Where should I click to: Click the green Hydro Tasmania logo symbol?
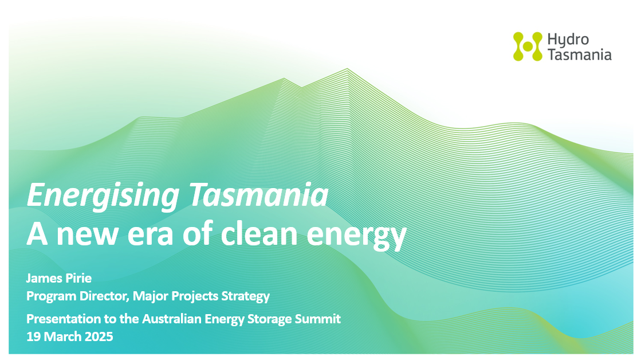pos(528,46)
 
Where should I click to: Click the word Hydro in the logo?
pos(568,40)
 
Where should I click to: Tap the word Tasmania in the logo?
pos(579,54)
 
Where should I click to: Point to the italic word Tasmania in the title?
pos(258,195)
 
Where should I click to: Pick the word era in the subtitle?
pos(150,236)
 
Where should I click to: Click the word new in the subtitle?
pos(86,236)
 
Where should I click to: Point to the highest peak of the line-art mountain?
pos(347,69)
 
